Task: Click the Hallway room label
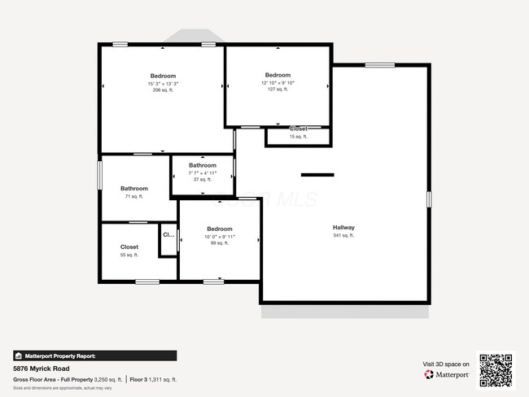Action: [x=343, y=227]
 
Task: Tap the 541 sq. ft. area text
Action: [x=343, y=235]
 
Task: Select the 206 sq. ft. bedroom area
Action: [x=163, y=90]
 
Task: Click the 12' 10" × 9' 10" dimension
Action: [x=278, y=83]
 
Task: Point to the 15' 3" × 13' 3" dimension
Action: [x=163, y=83]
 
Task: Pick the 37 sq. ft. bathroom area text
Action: [x=203, y=179]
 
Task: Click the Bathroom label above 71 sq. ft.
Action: [x=134, y=188]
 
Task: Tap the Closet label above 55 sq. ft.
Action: [x=129, y=246]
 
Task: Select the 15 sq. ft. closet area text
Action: [x=299, y=137]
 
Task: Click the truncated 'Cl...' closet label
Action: [x=168, y=235]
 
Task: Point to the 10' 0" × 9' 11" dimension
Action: [x=220, y=236]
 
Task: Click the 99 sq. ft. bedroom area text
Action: [x=220, y=243]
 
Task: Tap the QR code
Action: [x=496, y=369]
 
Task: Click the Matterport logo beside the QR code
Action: [x=447, y=375]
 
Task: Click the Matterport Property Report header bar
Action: [x=94, y=356]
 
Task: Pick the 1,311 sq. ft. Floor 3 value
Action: [x=164, y=380]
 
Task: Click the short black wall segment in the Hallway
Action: [x=317, y=174]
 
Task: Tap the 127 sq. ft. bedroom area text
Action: [x=278, y=90]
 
